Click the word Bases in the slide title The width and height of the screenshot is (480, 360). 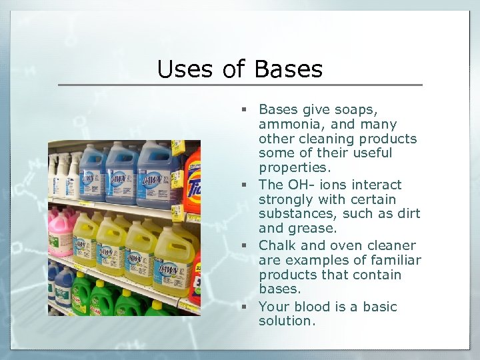click(288, 69)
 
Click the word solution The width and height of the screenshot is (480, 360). click(286, 321)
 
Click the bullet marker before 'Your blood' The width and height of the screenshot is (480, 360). click(245, 307)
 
